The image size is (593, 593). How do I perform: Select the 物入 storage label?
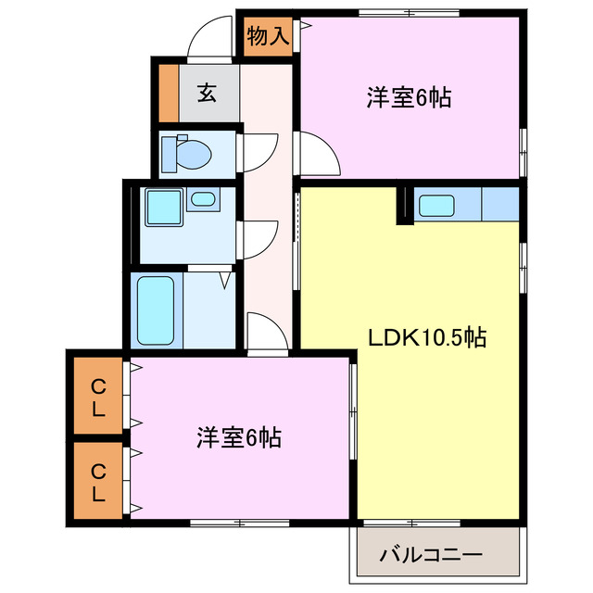coord(269,37)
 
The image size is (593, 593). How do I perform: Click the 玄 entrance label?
coord(206,93)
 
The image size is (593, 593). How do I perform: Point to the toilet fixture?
coord(184,152)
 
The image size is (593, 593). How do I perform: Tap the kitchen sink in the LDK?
coord(434,206)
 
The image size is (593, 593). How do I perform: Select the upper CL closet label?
coord(97,396)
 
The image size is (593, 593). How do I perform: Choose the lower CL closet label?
coord(97,481)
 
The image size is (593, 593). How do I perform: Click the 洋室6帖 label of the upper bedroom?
coord(408,97)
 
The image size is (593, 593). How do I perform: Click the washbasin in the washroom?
coord(202,198)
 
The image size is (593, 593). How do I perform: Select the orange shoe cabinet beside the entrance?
coord(168,93)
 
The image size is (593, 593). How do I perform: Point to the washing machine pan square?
coord(161,208)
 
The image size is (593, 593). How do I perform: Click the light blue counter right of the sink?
coord(500,204)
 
